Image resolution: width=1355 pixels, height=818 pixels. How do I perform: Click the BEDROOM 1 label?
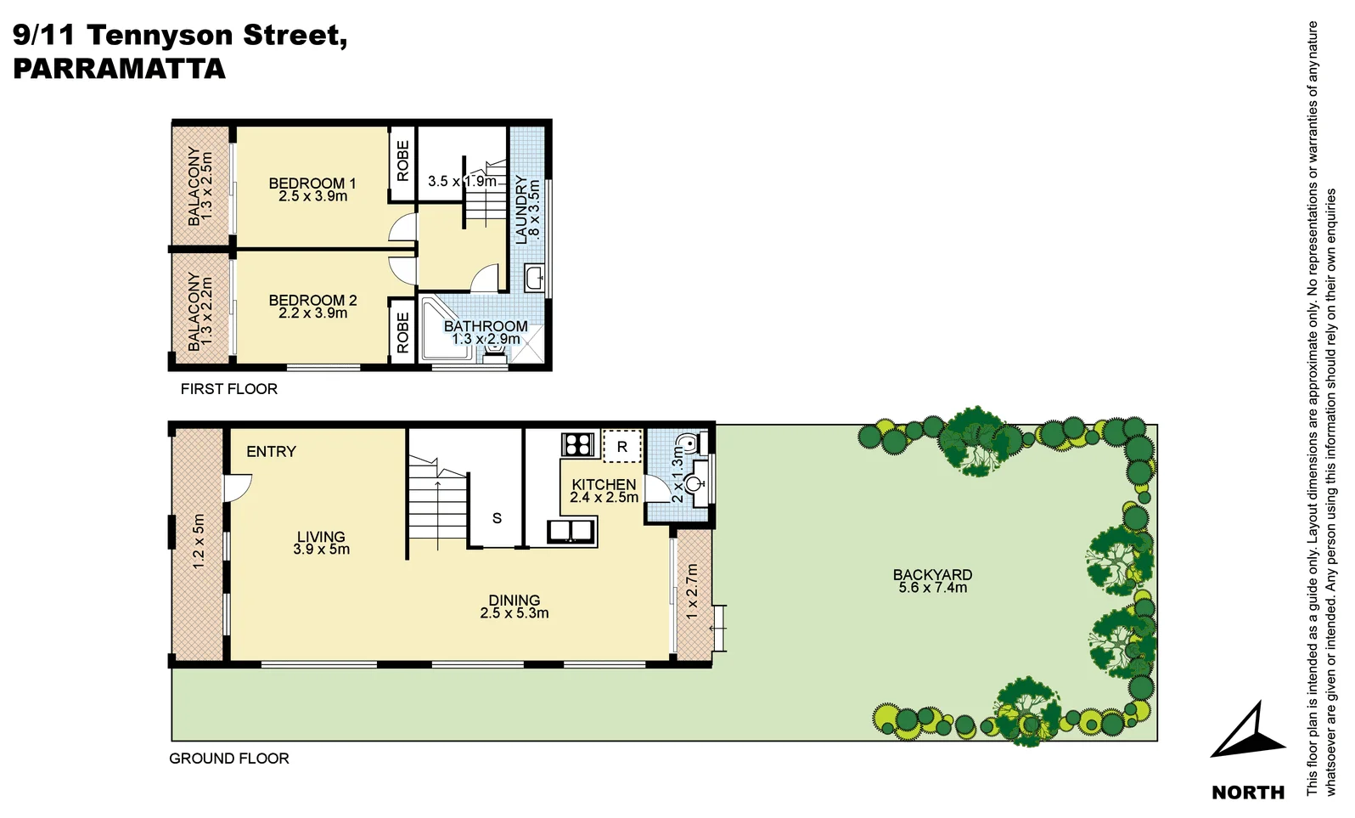(x=312, y=183)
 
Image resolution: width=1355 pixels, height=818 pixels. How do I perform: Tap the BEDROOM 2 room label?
(x=312, y=301)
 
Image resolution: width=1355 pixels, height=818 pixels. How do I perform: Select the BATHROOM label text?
(x=486, y=326)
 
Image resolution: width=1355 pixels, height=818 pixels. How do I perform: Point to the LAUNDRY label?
(x=521, y=209)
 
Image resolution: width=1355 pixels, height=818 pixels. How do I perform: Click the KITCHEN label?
(x=604, y=485)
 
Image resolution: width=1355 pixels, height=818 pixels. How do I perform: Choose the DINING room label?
(x=514, y=601)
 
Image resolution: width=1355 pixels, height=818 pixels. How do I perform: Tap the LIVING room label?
(x=321, y=537)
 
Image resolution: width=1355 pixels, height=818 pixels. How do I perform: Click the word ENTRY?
(x=271, y=452)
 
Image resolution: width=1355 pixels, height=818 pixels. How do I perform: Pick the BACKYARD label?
(x=932, y=575)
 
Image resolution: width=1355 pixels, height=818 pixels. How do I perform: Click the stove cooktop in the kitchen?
(x=577, y=444)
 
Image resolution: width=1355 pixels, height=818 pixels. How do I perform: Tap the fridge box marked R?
(x=622, y=446)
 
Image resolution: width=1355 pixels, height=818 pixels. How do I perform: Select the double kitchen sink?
(x=571, y=532)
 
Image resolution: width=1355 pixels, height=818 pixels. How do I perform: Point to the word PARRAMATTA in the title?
(x=119, y=69)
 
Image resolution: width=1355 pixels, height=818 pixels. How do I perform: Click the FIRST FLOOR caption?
(x=228, y=389)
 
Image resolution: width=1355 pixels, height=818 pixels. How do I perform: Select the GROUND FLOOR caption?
(x=229, y=759)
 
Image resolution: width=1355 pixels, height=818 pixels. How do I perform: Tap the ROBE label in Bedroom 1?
(x=402, y=161)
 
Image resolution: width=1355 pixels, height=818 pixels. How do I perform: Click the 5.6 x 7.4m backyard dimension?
(x=932, y=588)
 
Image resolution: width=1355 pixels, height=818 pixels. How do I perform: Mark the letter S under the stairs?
(x=497, y=518)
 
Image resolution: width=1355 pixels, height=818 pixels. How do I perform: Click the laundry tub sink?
(x=534, y=278)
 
